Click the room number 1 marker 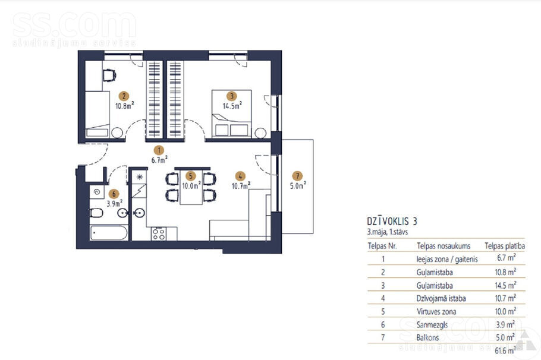tap(159, 150)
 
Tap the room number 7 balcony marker tap(297, 176)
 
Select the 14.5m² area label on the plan tap(232, 106)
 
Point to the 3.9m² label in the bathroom tap(114, 203)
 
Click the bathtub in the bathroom tap(109, 233)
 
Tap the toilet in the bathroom tap(96, 213)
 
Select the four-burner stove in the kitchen tap(159, 234)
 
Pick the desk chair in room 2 tap(109, 76)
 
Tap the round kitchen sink tap(139, 213)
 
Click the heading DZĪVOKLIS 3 tap(392, 222)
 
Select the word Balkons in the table tap(427, 337)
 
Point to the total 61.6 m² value tap(505, 350)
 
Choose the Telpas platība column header tap(505, 246)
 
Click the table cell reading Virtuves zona tap(436, 311)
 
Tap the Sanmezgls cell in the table tap(432, 325)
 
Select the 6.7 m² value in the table tap(506, 258)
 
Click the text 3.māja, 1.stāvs tap(388, 232)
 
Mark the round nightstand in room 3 tap(260, 133)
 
